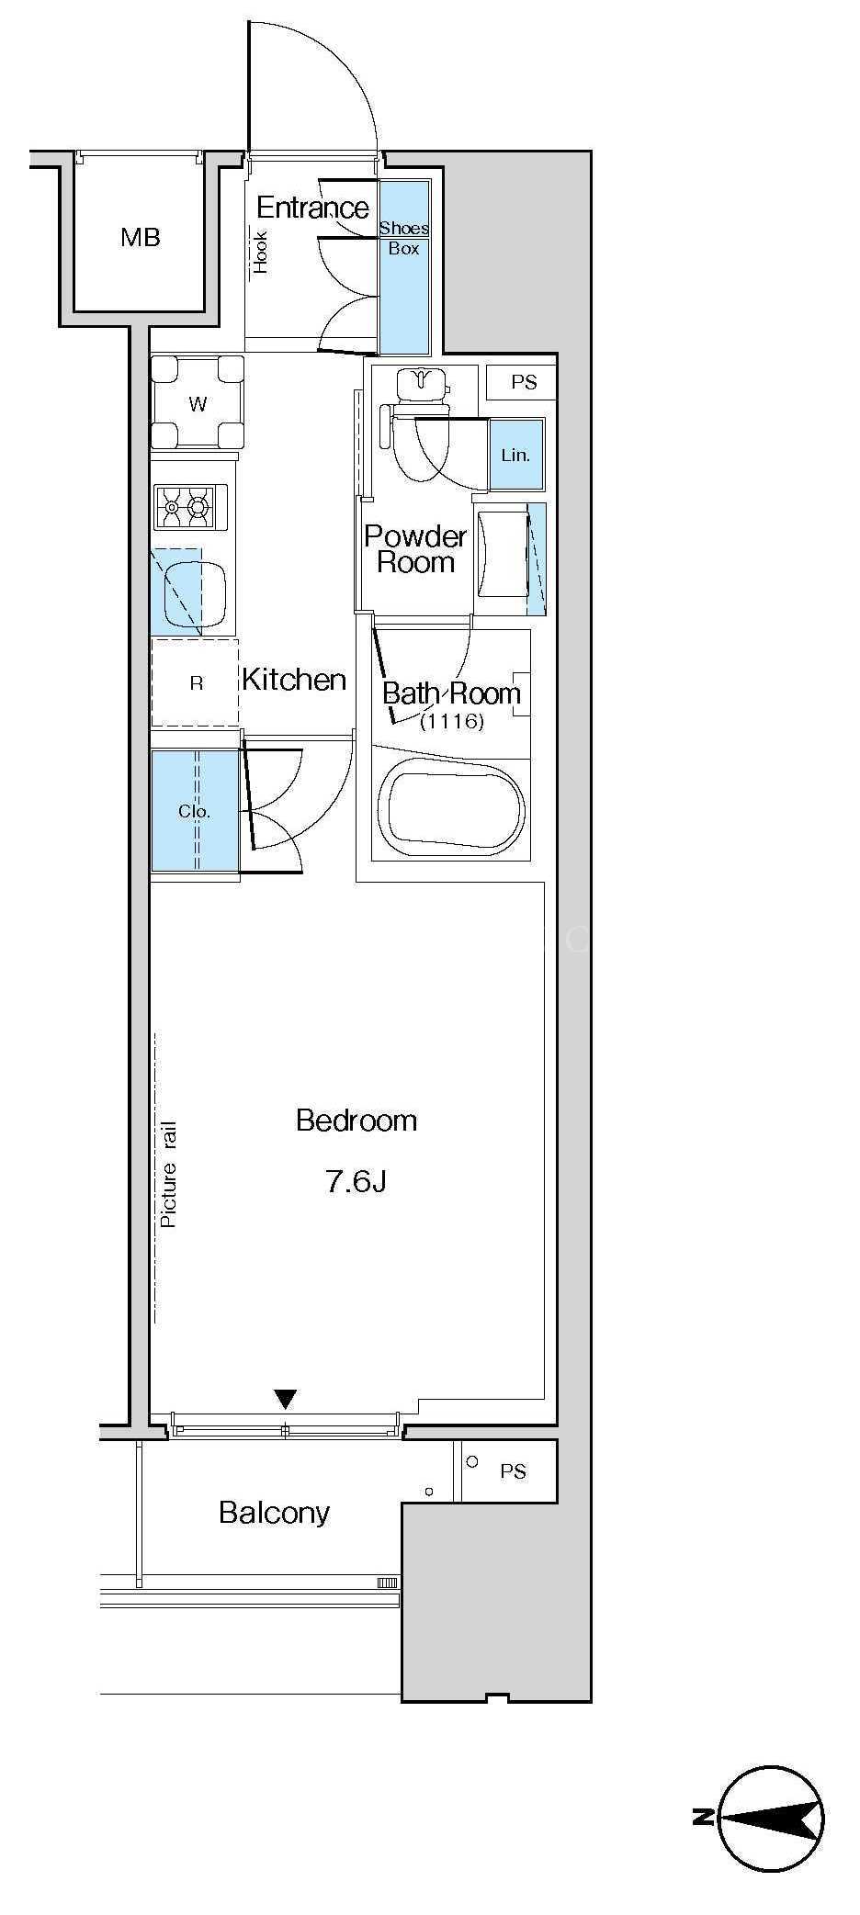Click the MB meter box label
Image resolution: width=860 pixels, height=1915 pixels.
[x=140, y=238]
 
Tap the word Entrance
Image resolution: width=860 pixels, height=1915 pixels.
[x=312, y=208]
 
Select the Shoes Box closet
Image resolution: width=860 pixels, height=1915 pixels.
[x=404, y=267]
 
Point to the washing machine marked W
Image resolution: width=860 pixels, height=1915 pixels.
[x=198, y=402]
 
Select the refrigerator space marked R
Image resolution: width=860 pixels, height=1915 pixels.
[x=195, y=682]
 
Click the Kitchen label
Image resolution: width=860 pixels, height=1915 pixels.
[x=294, y=680]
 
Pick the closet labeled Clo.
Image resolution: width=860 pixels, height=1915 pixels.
[x=195, y=810]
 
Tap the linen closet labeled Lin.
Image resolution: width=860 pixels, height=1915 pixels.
[x=515, y=454]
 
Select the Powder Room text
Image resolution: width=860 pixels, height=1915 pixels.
[x=415, y=549]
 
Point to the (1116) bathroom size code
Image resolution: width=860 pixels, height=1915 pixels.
[x=451, y=722]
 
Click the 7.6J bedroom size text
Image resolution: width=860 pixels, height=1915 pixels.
[x=356, y=1181]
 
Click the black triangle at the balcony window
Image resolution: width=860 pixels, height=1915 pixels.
[x=287, y=1400]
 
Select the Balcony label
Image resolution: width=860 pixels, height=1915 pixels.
[x=274, y=1513]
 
